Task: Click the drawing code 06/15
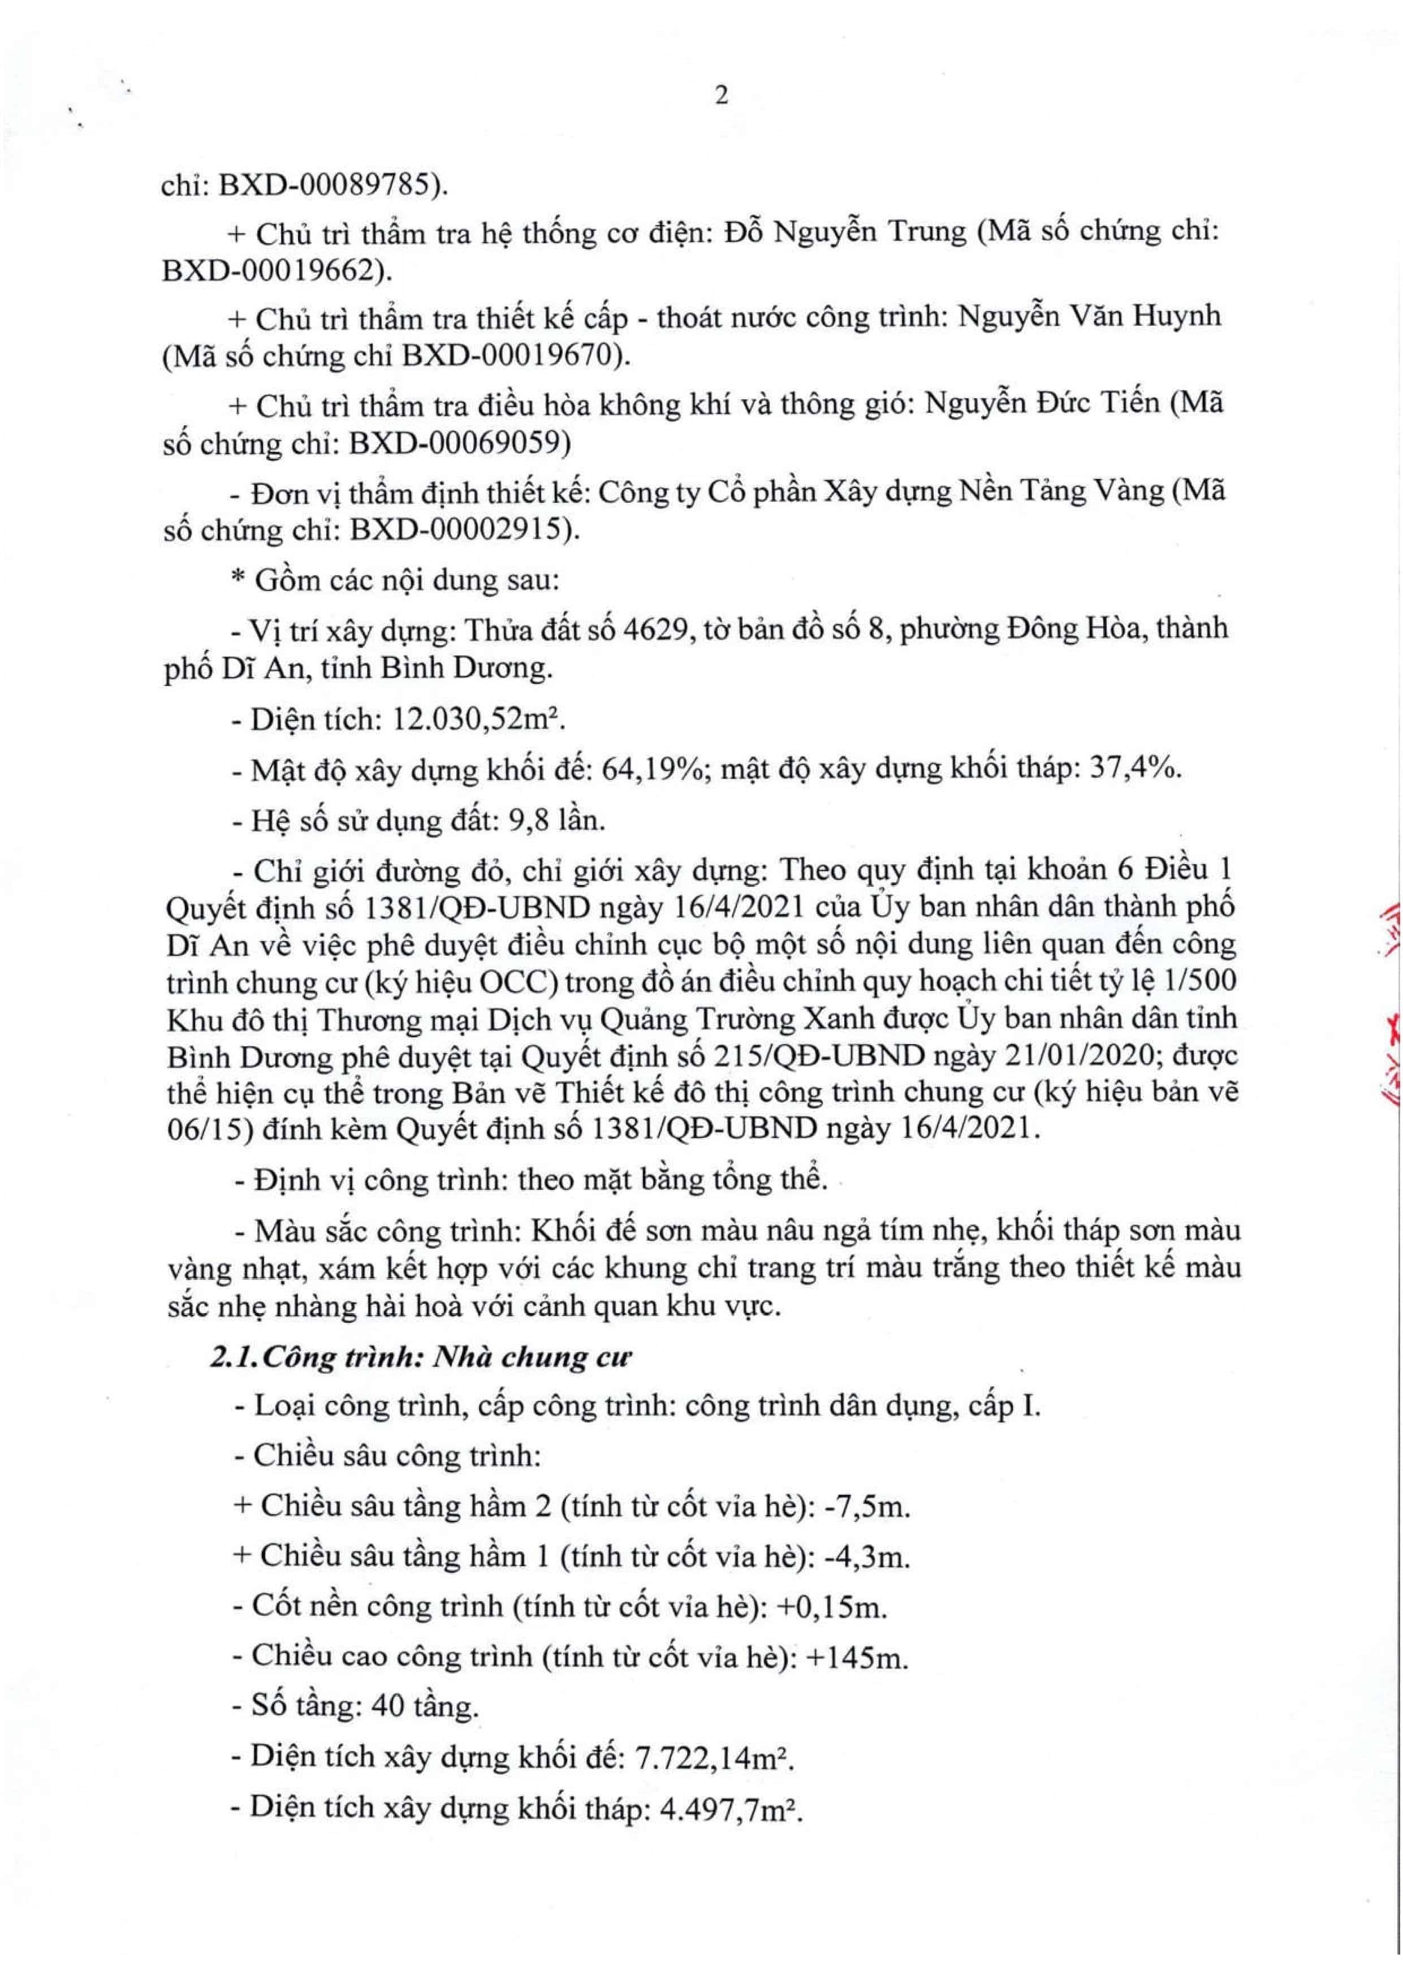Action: [200, 1129]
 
